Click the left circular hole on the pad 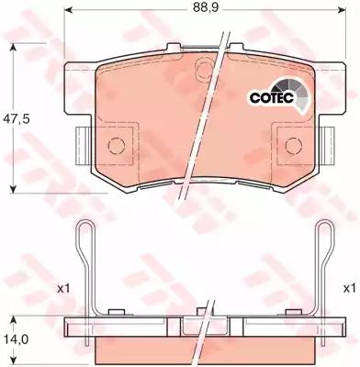[116, 144]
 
